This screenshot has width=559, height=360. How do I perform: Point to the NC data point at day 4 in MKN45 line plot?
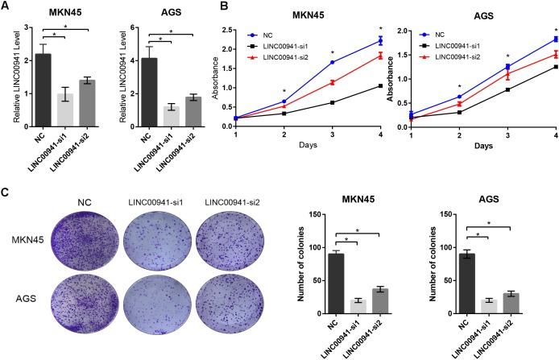coord(378,40)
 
